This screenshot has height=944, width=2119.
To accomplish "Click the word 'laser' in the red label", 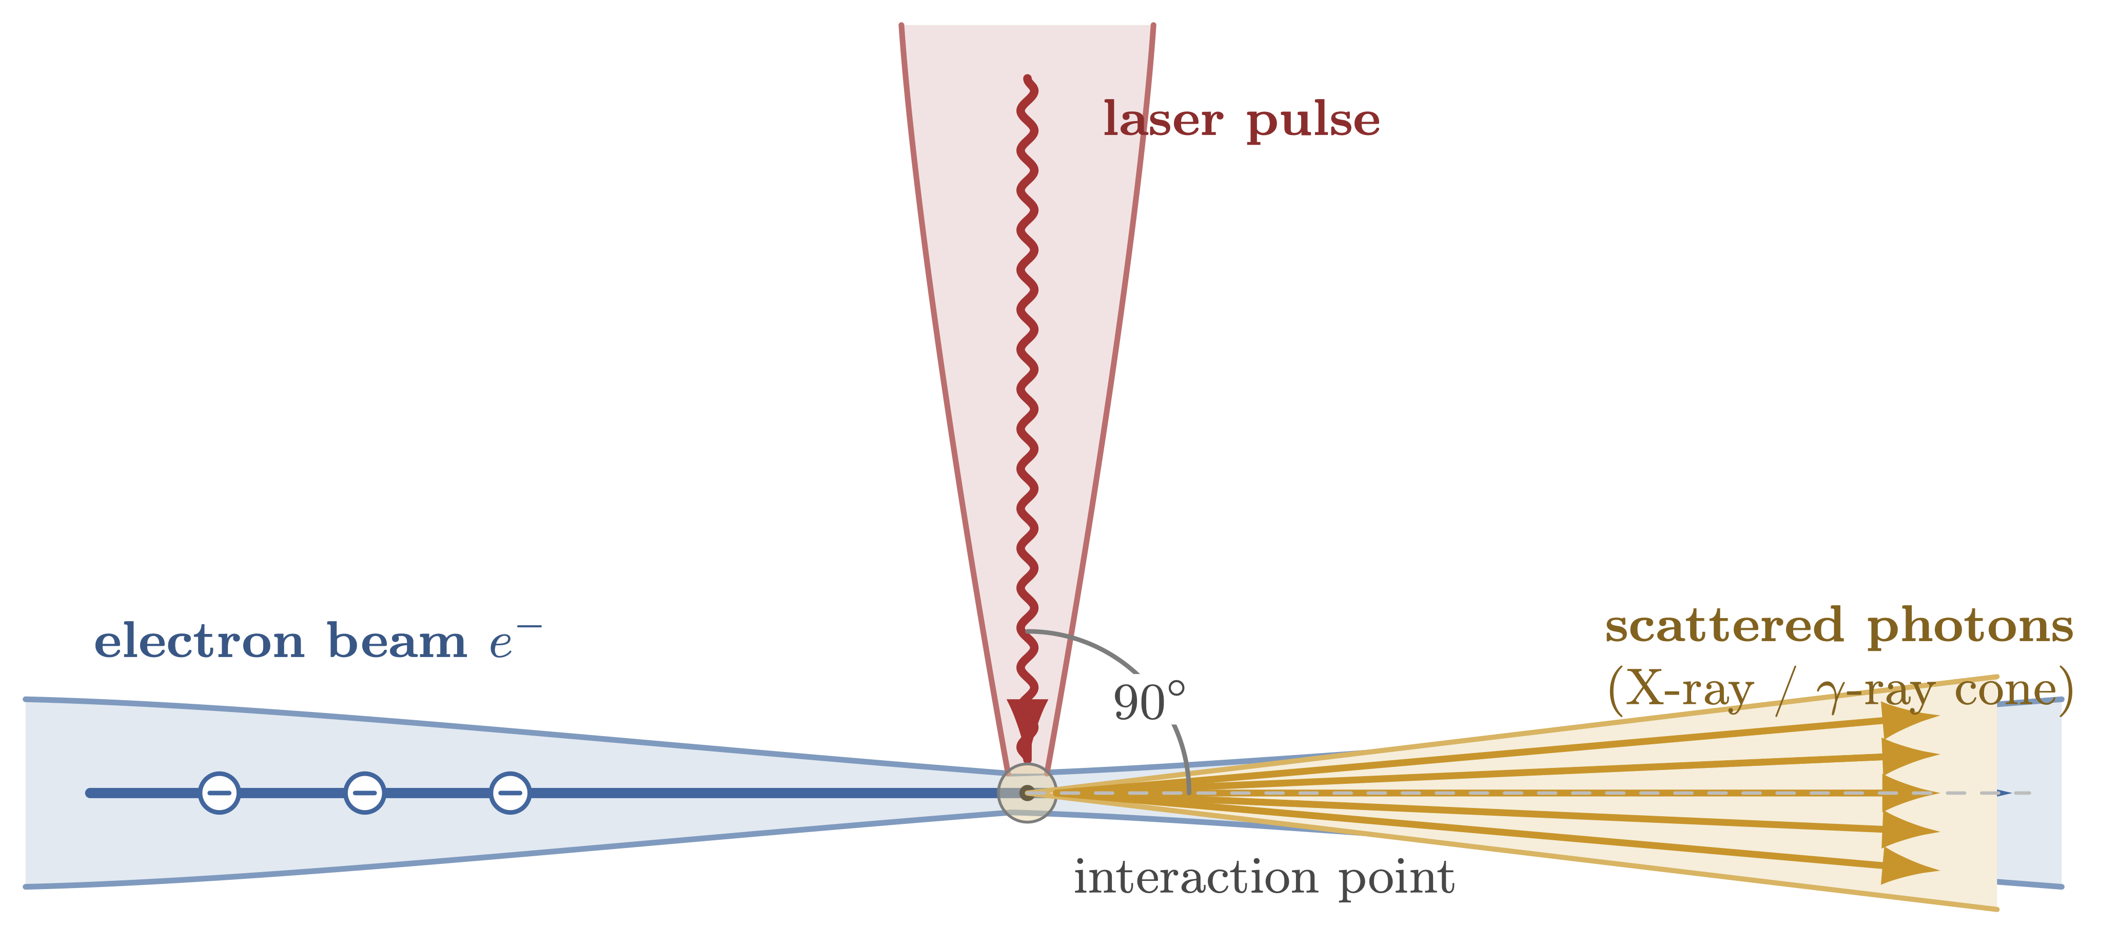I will tap(1162, 120).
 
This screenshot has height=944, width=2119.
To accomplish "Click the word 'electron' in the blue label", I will tap(199, 642).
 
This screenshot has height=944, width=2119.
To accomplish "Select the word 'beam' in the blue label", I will tap(397, 642).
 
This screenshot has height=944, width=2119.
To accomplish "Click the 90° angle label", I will tap(1148, 703).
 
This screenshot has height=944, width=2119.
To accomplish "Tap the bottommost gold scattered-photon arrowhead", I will tap(1909, 866).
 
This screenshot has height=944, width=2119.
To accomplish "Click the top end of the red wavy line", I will tap(1027, 79).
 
